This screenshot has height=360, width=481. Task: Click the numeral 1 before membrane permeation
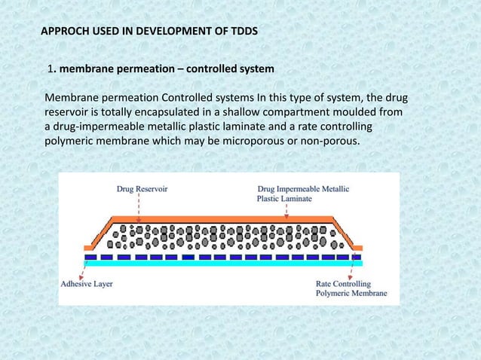(x=51, y=70)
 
